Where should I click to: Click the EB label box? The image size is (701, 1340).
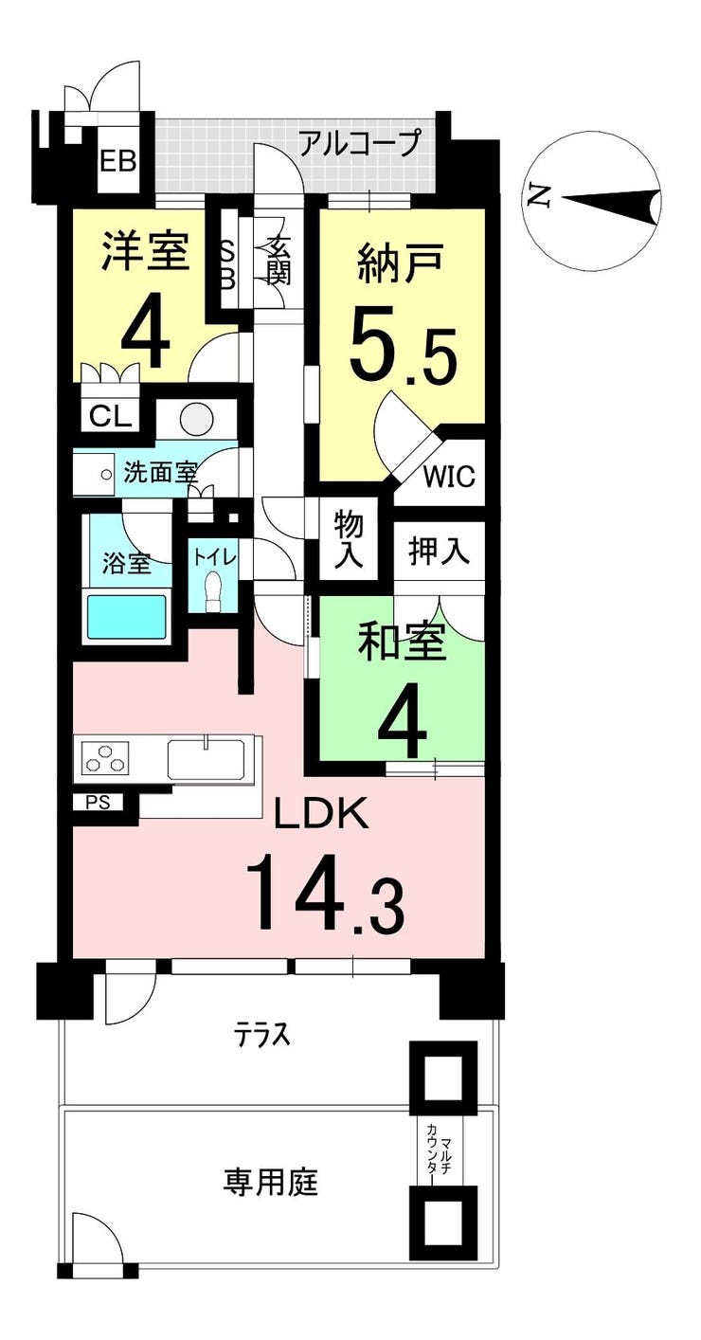pos(117,161)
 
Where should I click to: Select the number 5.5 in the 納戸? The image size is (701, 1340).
pos(404,345)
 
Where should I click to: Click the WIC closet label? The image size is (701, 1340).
pos(449,477)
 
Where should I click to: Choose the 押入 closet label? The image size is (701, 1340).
pos(439,551)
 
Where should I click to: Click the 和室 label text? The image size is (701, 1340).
pos(402,642)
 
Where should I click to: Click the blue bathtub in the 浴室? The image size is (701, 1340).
pos(127,617)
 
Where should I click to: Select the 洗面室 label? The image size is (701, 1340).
pos(160,473)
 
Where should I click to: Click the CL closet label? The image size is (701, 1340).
pos(111,416)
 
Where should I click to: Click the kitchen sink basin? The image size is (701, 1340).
pos(206,758)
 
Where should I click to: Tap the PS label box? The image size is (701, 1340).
pos(99,803)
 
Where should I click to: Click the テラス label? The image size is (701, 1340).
pos(261,1034)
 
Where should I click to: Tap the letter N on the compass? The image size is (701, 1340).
pos(538,195)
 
